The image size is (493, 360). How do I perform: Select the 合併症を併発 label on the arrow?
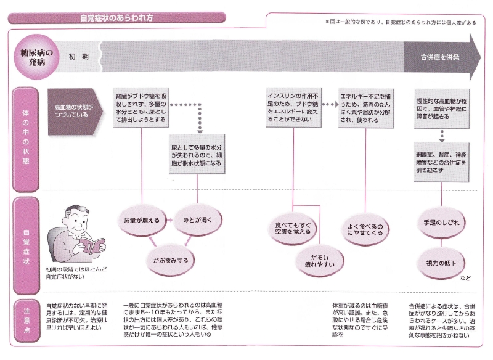click(x=440, y=57)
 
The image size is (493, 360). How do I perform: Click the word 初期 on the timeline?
click(x=78, y=57)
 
